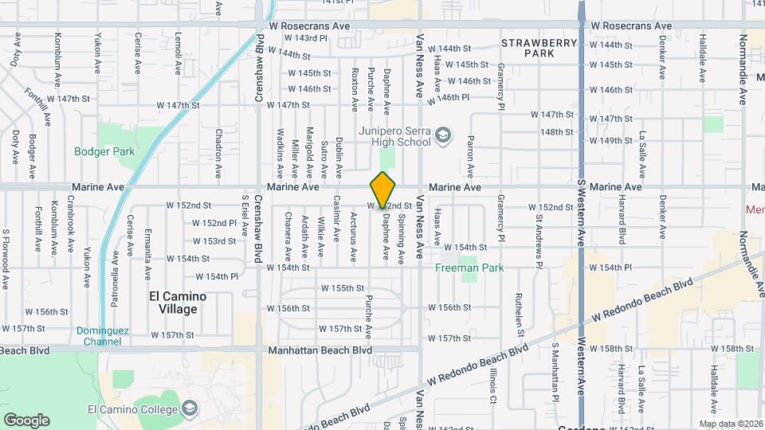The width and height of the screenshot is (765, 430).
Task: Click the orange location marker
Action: [x=383, y=190]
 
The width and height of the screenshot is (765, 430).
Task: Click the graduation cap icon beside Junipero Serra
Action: [x=443, y=138]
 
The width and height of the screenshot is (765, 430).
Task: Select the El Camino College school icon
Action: [x=190, y=409]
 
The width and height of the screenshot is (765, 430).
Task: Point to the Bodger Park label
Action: [x=104, y=151]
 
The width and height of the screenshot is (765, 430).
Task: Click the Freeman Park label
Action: [x=469, y=268]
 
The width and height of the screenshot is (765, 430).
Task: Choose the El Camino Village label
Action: [x=178, y=303]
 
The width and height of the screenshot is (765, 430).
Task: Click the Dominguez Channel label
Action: [x=99, y=336]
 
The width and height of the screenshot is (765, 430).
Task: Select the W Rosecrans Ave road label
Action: [x=310, y=25]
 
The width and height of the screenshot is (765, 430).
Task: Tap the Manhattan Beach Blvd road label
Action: [x=320, y=350]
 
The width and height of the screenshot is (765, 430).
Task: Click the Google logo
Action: [x=26, y=420]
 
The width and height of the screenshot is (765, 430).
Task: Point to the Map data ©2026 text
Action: [x=730, y=424]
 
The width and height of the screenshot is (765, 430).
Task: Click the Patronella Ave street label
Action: [x=116, y=267]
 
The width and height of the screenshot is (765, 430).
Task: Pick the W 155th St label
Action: [x=343, y=287]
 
